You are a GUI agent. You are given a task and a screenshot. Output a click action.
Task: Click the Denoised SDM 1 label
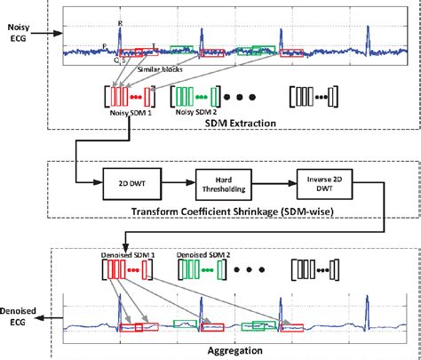130,255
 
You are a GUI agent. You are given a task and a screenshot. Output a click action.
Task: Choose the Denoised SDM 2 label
207,255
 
